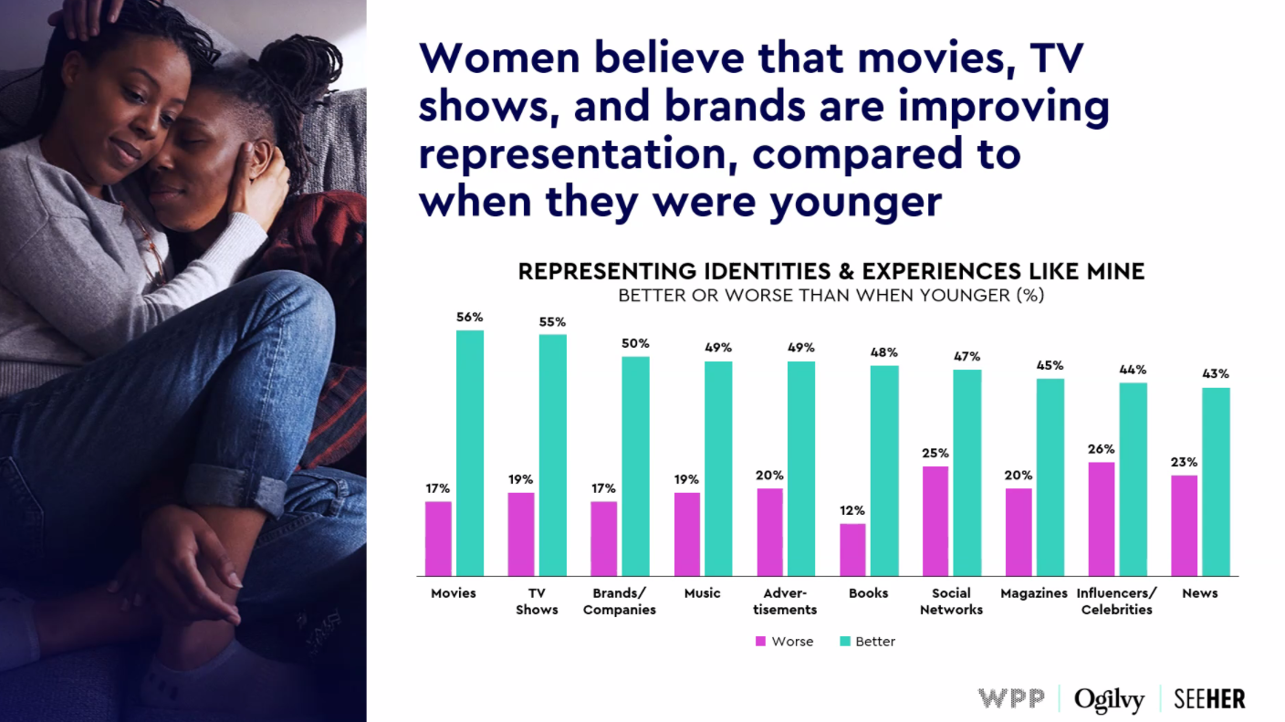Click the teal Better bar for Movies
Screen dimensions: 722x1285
470,453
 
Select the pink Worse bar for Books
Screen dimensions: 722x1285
852,549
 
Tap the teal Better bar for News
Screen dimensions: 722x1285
1216,482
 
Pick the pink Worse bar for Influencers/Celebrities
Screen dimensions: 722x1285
1102,518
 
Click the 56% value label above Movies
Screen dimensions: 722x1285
470,318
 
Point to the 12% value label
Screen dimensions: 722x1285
852,510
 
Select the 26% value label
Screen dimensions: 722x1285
1102,449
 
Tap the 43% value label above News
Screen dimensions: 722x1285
1216,374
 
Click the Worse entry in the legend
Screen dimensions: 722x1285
784,642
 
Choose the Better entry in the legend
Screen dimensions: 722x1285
867,642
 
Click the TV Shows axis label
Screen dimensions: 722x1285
537,602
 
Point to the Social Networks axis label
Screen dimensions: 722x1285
951,602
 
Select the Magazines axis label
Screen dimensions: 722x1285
1033,593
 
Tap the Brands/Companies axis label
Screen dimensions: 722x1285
620,602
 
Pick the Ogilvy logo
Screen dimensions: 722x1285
1109,700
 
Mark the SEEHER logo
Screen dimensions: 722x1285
1209,699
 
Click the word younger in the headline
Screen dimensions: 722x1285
854,201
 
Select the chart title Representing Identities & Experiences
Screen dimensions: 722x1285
831,272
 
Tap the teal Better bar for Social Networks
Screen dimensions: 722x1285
967,473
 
